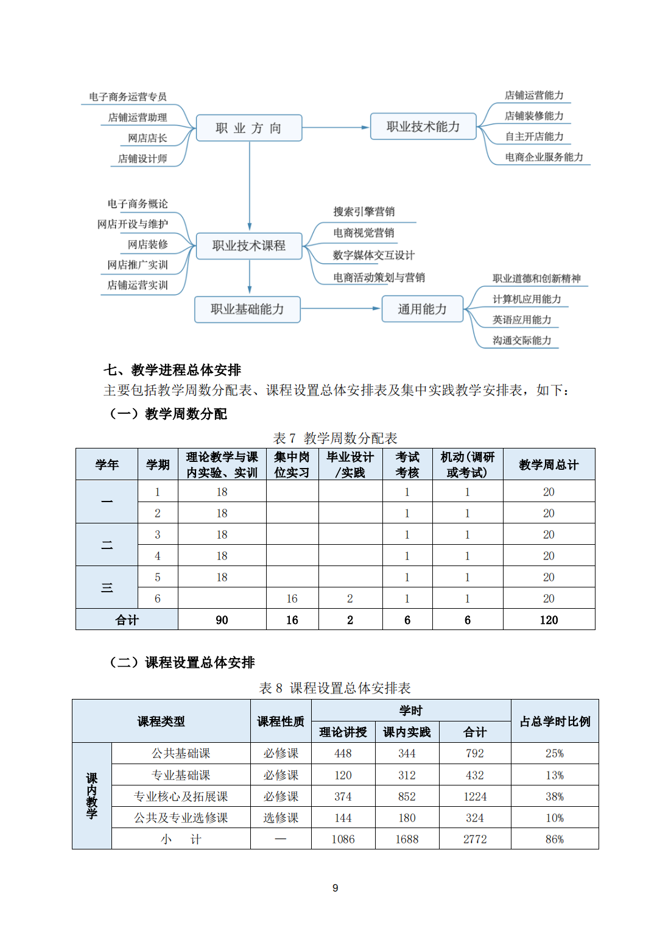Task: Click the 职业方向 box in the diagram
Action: point(248,128)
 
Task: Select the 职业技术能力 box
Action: point(423,127)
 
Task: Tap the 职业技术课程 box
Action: point(248,246)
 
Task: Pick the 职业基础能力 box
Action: point(247,310)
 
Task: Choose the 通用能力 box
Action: point(422,310)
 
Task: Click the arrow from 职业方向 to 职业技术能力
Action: point(335,127)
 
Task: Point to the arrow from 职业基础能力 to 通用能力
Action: point(340,309)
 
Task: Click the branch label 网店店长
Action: point(147,138)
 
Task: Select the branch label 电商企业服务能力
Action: point(544,157)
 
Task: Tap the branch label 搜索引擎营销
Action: point(364,212)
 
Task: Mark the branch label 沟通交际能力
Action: point(522,341)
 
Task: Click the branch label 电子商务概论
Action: point(138,204)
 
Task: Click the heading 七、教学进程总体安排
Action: point(172,370)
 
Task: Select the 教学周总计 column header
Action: point(549,465)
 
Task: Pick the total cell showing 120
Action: point(549,620)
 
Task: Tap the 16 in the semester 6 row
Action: point(292,598)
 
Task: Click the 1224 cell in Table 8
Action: point(475,796)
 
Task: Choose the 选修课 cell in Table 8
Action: point(281,818)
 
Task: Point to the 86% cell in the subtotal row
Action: point(554,839)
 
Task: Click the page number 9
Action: point(335,888)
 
